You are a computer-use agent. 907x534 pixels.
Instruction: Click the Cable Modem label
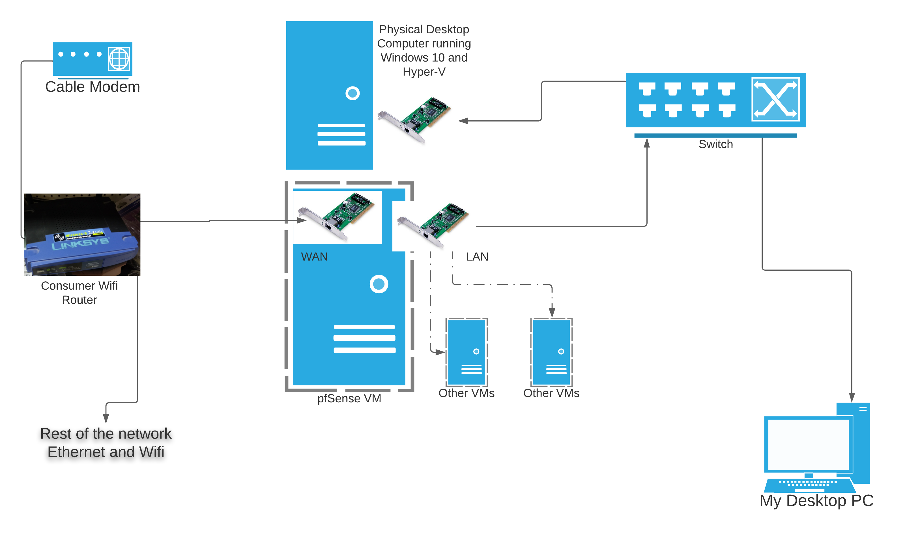point(93,87)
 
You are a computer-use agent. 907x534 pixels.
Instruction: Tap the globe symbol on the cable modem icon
point(119,59)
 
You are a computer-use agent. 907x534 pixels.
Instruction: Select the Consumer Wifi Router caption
point(79,292)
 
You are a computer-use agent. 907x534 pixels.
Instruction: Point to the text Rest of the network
point(106,434)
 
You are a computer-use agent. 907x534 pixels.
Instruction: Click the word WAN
point(314,257)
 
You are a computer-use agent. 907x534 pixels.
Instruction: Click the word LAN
point(477,257)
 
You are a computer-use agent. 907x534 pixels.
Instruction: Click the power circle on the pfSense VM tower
point(379,284)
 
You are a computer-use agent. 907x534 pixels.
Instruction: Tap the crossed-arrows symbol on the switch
point(775,99)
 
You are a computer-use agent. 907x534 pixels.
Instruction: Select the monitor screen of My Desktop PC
point(808,445)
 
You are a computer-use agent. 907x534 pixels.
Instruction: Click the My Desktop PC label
point(816,501)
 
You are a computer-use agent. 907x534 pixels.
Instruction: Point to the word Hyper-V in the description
point(424,71)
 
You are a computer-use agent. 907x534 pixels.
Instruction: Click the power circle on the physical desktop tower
point(352,93)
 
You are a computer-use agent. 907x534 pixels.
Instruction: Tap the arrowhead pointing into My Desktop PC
point(852,397)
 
